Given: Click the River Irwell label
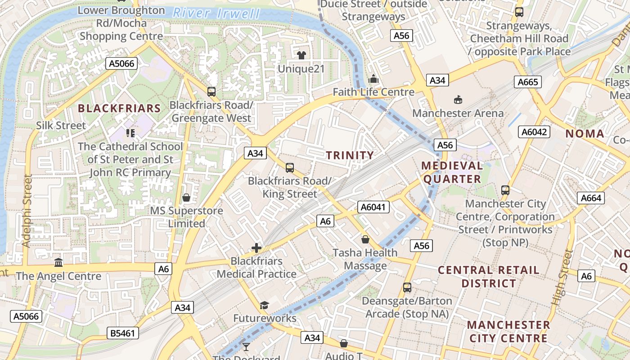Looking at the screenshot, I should [x=216, y=13].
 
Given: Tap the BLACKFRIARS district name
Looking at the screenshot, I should [x=119, y=108].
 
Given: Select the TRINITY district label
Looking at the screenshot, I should [x=350, y=155].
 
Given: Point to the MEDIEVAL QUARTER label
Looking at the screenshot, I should [x=452, y=172].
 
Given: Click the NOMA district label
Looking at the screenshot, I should [x=585, y=133].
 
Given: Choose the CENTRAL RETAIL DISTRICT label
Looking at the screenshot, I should [x=488, y=277].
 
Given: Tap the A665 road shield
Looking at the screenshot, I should [x=528, y=82].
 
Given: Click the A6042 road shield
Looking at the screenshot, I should [x=534, y=132].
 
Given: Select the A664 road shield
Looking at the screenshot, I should [x=590, y=198].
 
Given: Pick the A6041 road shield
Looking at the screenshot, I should [x=373, y=207].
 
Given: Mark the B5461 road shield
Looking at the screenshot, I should [x=123, y=333].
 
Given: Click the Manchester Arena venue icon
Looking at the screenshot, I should [x=458, y=99].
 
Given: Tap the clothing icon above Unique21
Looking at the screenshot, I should [x=301, y=55].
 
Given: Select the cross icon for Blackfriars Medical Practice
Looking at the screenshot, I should [x=256, y=247].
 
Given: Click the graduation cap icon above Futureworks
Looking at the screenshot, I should [x=264, y=306].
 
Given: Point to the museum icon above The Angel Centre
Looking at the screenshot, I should [x=58, y=262].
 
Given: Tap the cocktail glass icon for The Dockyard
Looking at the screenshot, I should [x=246, y=346].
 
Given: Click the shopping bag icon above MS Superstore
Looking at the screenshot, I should [x=186, y=198].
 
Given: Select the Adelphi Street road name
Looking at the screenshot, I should [x=27, y=211].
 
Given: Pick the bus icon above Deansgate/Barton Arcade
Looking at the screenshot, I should [x=407, y=287].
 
